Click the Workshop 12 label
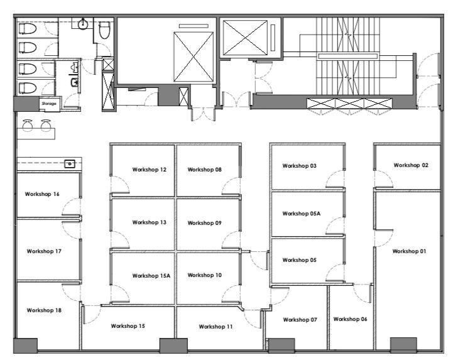pos(150,170)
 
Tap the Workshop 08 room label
pos(205,170)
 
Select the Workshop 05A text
pos(302,214)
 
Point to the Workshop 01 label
pos(409,251)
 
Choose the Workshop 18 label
pos(44,310)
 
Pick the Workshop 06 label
pos(350,319)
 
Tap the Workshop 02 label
pos(411,165)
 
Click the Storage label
pos(49,104)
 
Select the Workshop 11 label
pos(216,327)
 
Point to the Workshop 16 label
pos(42,194)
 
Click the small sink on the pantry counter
pos(70,164)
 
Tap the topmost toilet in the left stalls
pos(28,29)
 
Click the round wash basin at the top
pos(83,25)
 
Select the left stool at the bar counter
pos(28,126)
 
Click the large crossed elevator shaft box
pos(194,57)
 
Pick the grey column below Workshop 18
pos(26,346)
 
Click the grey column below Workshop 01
pos(403,344)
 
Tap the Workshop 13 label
pos(150,222)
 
